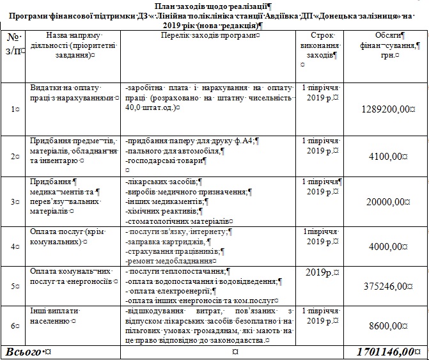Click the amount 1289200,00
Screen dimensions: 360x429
pyautogui.click(x=384, y=109)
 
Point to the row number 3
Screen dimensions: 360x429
pyautogui.click(x=14, y=202)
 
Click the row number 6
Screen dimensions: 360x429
pyautogui.click(x=14, y=326)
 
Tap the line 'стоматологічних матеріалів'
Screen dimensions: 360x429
pyautogui.click(x=179, y=221)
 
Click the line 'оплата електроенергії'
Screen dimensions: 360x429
pyautogui.click(x=167, y=290)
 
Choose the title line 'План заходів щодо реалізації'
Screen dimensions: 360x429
pyautogui.click(x=214, y=5)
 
